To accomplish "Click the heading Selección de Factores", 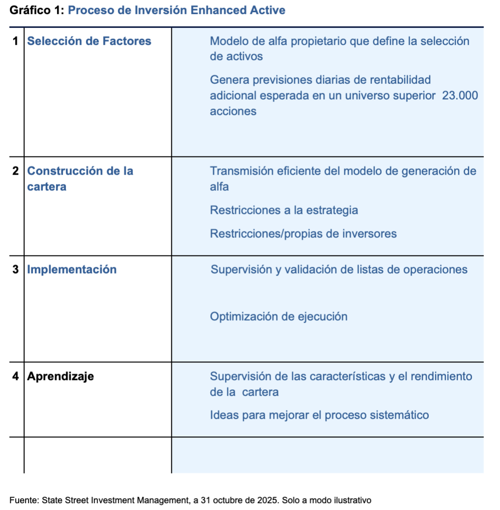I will [x=89, y=41].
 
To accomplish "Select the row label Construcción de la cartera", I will [x=80, y=179].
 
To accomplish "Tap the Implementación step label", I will [x=72, y=270].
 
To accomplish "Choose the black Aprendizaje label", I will [x=60, y=377].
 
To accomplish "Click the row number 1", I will [x=16, y=41].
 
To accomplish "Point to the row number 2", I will [x=16, y=172].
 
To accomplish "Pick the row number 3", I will [x=16, y=270].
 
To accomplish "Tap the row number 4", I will [x=16, y=377].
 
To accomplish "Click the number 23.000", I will [x=460, y=96].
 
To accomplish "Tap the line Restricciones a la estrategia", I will [x=284, y=210].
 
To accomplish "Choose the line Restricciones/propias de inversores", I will [x=303, y=234].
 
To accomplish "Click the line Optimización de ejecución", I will [x=278, y=317].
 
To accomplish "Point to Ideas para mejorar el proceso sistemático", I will [x=319, y=415].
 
